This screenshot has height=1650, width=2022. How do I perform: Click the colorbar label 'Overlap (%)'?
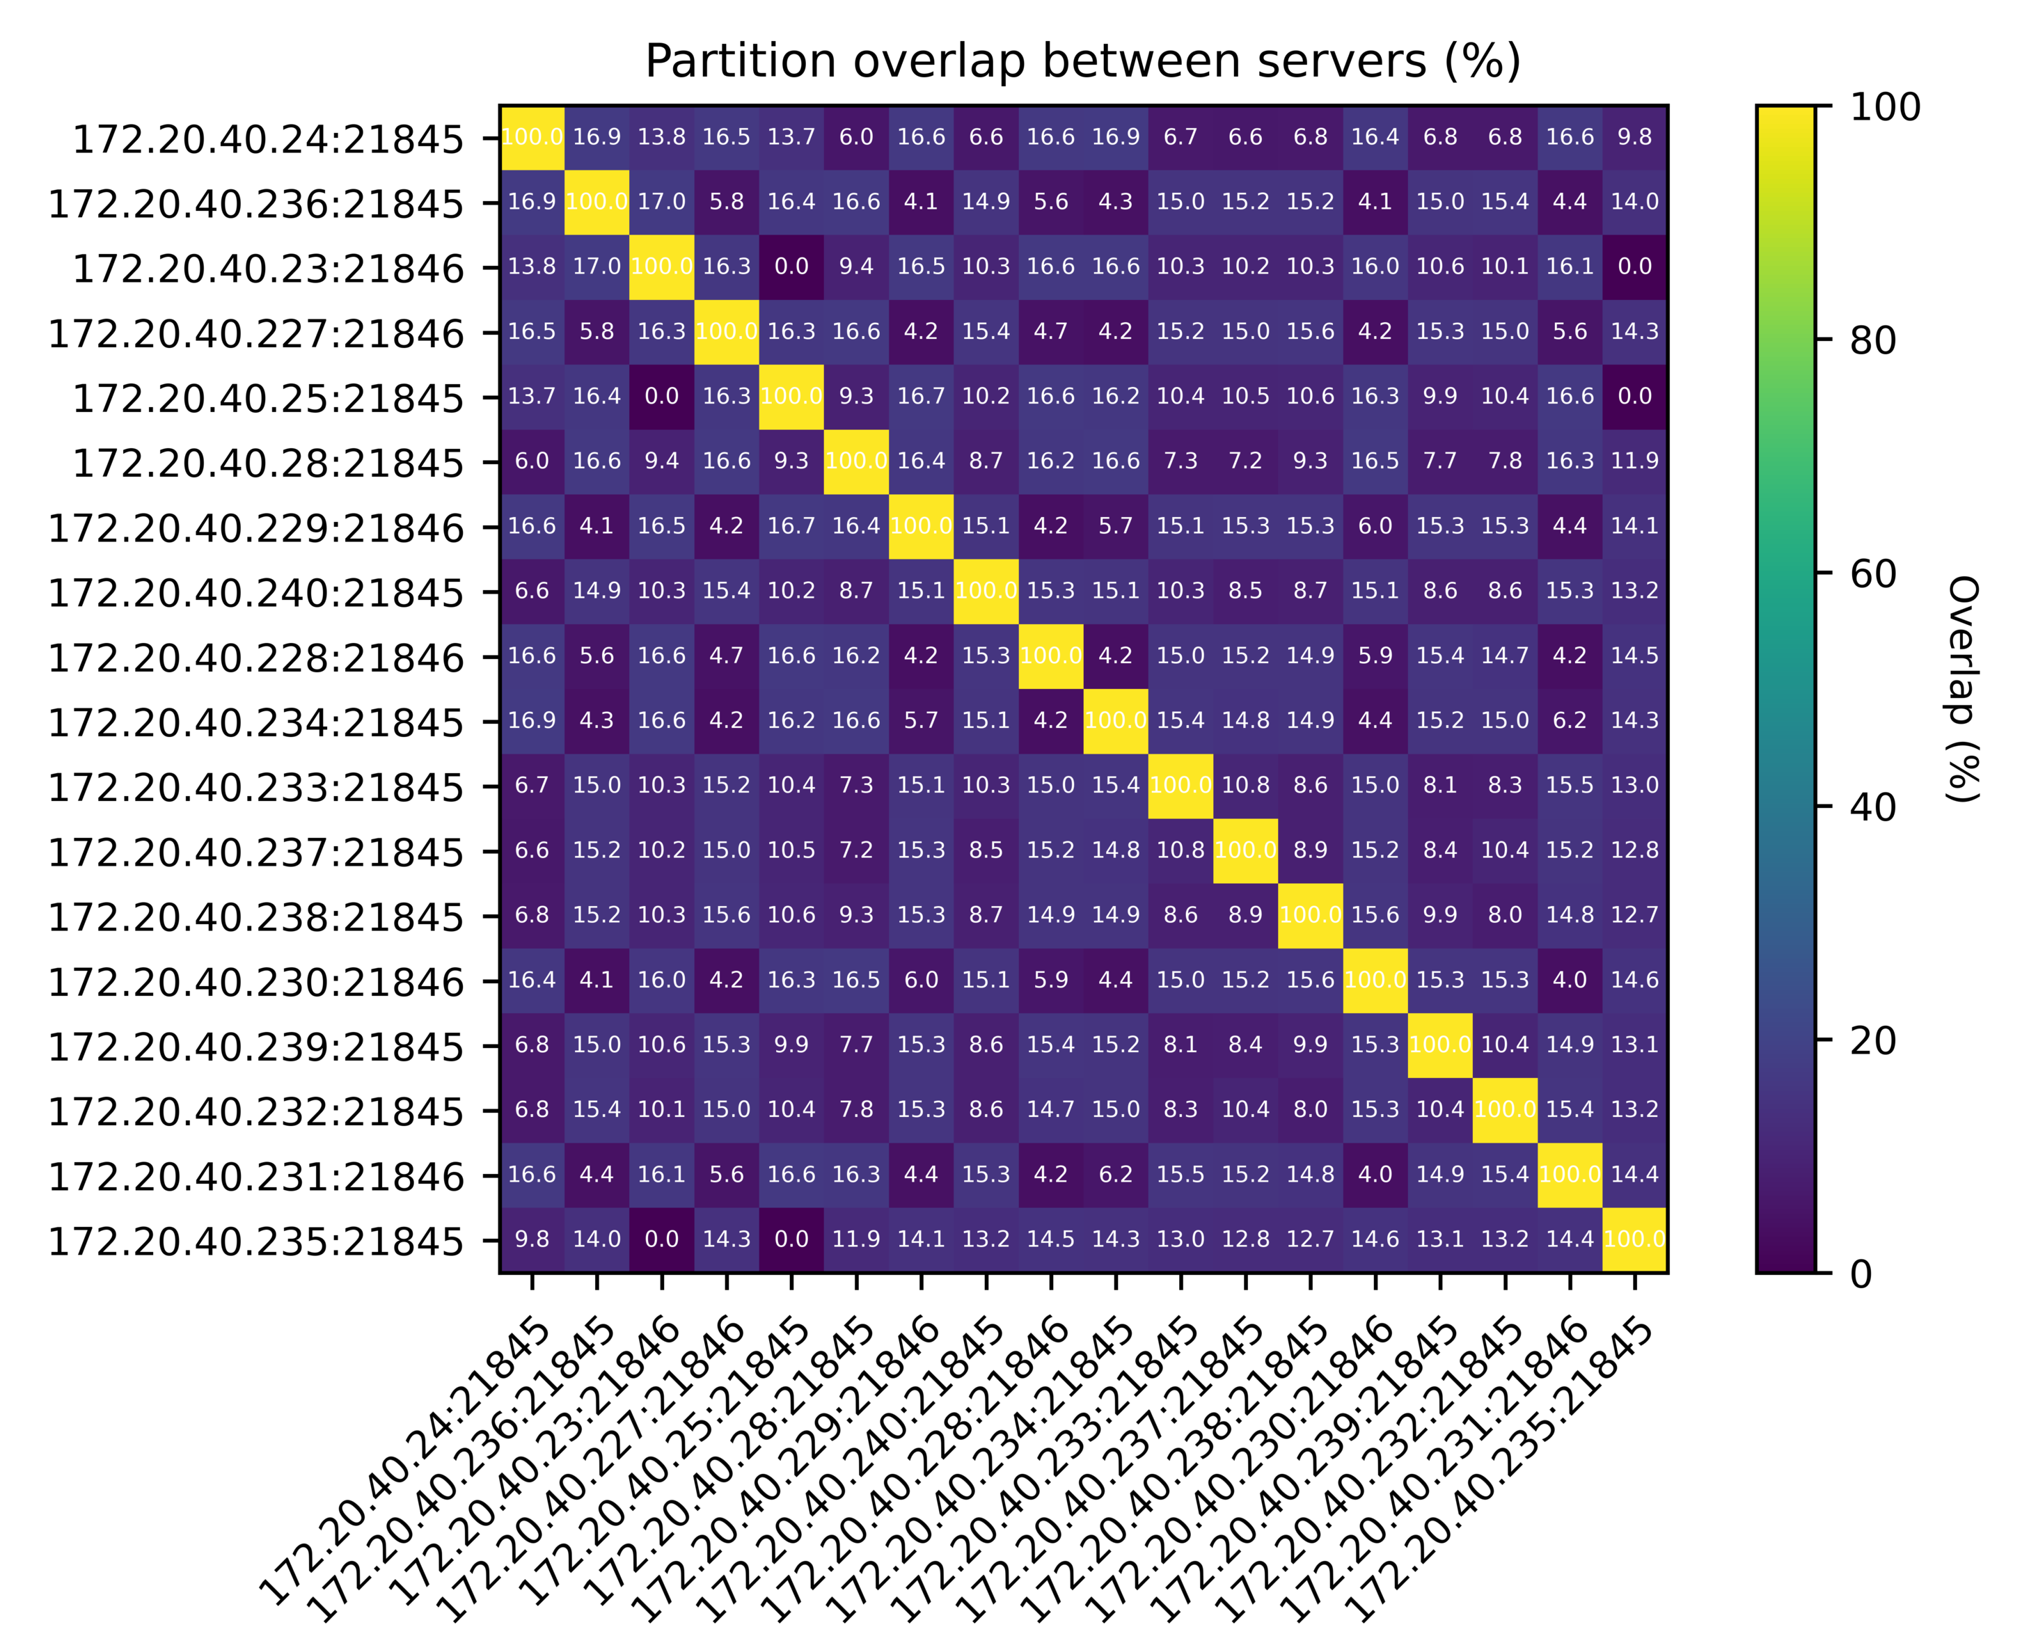point(1962,689)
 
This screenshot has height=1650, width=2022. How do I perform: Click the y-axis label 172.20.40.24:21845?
point(268,140)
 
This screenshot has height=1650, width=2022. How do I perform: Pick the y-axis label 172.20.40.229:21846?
point(255,528)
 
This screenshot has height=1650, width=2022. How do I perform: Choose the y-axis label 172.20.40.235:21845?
point(255,1242)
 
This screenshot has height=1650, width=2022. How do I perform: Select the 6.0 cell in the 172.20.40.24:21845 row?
point(857,137)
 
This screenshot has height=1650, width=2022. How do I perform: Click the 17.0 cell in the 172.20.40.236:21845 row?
point(662,202)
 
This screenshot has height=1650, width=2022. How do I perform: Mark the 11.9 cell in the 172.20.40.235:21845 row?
point(857,1239)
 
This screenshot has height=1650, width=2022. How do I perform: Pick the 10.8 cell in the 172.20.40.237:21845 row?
point(1180,850)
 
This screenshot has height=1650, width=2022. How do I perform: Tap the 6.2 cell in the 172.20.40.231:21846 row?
point(1116,1175)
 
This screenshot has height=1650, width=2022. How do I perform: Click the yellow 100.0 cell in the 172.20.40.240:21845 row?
point(986,590)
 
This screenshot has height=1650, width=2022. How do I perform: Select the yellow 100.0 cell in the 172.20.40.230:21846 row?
point(1375,980)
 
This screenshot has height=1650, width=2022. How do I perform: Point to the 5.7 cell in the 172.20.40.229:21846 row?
point(1116,525)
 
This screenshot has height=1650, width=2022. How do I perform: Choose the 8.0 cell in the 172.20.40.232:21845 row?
point(1310,1109)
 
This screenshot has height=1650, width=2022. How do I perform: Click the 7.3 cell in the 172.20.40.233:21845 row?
point(857,785)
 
